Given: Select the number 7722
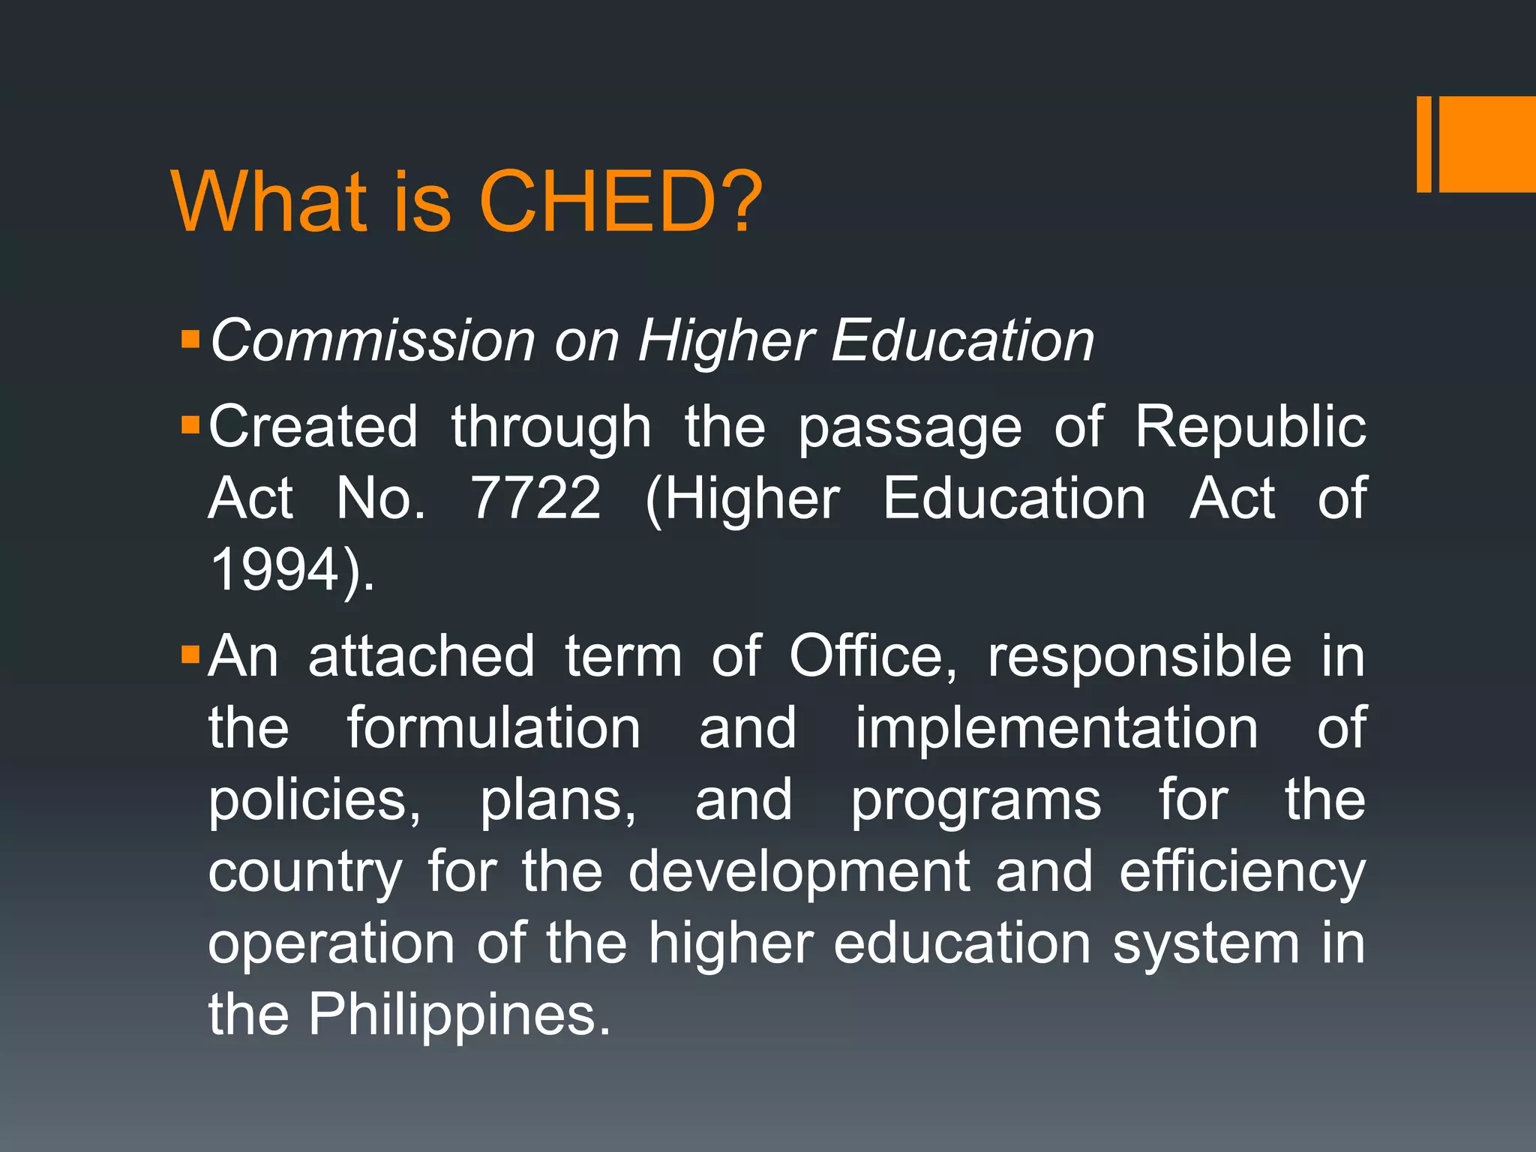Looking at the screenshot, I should [x=535, y=498].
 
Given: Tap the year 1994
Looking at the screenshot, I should [x=275, y=570].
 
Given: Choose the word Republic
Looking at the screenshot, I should [x=1249, y=427].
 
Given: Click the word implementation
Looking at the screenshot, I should [x=1056, y=728].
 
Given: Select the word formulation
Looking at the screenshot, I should [x=493, y=728].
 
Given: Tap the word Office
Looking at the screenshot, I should [x=873, y=657].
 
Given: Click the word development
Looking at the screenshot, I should [x=799, y=873].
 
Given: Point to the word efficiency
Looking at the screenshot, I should [x=1242, y=873].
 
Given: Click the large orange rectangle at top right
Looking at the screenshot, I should [x=1487, y=144].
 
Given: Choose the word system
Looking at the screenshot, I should [x=1205, y=945].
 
